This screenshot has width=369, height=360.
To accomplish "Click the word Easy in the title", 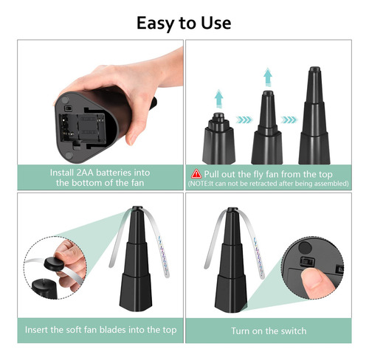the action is (156, 24).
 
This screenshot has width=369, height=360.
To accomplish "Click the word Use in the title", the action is (216, 23).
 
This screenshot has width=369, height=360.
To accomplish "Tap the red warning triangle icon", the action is (196, 173).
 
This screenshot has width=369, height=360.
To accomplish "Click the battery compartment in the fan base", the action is (83, 128).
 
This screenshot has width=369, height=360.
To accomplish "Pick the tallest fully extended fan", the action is (314, 116).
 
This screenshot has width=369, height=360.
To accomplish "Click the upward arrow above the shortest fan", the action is (218, 99).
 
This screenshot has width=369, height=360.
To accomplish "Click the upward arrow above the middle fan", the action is (268, 77).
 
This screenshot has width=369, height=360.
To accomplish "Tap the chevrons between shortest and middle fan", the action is (244, 120).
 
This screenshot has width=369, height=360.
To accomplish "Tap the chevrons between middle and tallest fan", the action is (289, 120).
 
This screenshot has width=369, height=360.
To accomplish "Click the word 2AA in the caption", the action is (85, 173).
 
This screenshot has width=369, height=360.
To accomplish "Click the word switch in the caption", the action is (294, 330).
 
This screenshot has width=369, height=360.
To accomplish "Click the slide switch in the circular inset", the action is (307, 261).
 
